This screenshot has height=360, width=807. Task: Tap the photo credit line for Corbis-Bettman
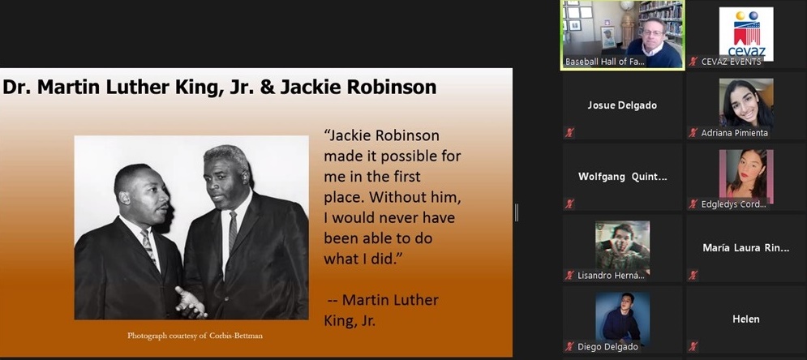coord(195,336)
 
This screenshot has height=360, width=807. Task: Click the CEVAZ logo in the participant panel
coord(745,33)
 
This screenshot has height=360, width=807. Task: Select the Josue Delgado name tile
coord(622,105)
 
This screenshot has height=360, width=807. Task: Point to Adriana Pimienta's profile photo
coord(745,102)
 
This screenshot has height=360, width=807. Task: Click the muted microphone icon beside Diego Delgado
coord(569,347)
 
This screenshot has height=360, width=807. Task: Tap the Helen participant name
coord(745,319)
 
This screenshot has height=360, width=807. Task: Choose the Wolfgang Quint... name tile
coord(622,177)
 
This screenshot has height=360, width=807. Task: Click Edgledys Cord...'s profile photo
coord(745,174)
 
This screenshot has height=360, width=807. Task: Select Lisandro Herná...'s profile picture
coord(622,246)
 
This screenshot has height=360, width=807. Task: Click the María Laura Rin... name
coord(745,248)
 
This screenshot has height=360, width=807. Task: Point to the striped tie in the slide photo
coord(148,246)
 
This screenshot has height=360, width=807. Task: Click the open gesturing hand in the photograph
coord(190,302)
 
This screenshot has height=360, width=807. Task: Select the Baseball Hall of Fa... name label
coord(605,62)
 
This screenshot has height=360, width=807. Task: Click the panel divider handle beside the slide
coord(516,212)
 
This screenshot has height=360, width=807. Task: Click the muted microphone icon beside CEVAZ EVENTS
coord(693,62)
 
